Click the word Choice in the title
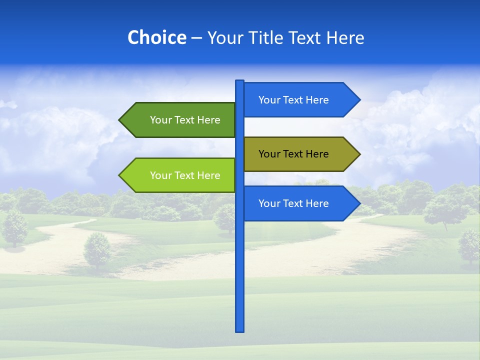156,37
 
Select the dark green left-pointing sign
180,120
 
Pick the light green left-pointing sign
180,175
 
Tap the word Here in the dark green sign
208,120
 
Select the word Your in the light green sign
160,175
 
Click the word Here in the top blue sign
317,100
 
